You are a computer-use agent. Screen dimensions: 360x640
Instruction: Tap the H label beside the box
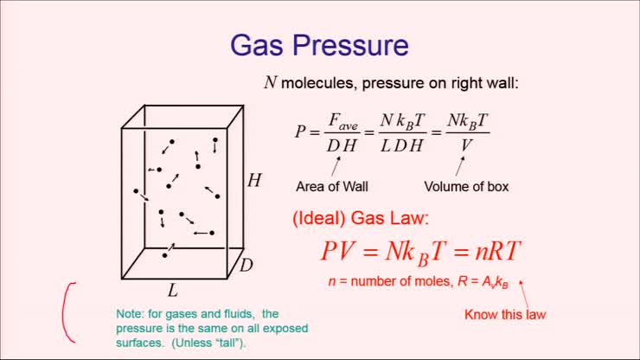[x=254, y=180]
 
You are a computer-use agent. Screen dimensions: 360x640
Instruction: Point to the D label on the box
[x=246, y=265]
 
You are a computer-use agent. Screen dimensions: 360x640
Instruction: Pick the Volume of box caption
[x=466, y=186]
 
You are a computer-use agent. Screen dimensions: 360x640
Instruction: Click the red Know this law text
[x=505, y=314]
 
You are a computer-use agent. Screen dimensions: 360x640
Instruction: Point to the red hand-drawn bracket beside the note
[x=68, y=312]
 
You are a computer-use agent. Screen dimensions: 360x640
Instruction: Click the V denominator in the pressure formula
[x=467, y=145]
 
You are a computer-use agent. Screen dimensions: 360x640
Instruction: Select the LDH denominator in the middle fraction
[x=402, y=145]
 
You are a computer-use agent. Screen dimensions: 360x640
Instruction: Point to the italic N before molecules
[x=270, y=83]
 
